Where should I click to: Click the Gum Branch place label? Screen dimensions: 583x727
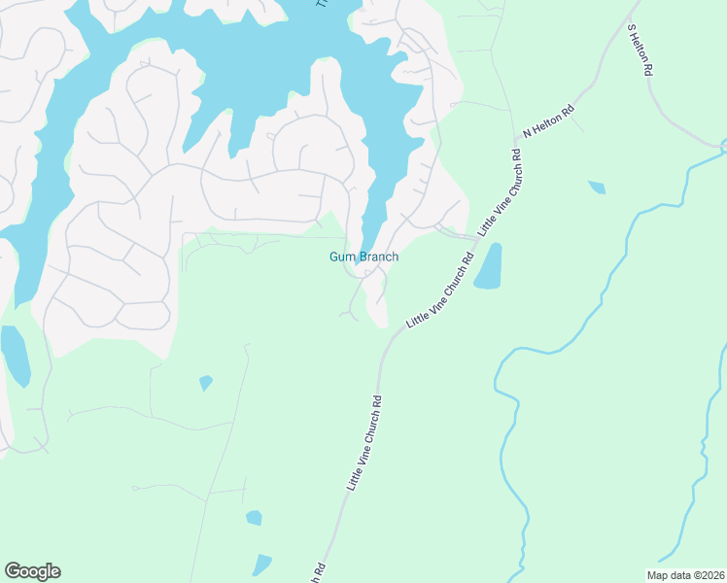click(x=364, y=257)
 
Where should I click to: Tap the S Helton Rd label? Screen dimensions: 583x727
click(x=640, y=52)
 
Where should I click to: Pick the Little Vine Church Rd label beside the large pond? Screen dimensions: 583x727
click(x=439, y=290)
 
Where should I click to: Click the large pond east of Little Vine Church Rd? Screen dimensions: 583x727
click(x=488, y=266)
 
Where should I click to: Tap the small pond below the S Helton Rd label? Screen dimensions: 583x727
click(x=596, y=187)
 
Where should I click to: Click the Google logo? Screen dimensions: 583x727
click(x=32, y=571)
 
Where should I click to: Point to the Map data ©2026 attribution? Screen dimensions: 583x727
click(x=686, y=574)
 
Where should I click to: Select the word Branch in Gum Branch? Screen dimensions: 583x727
click(x=378, y=257)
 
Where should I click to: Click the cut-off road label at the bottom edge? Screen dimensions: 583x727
click(x=317, y=572)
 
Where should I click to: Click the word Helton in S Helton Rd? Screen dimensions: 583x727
click(x=640, y=51)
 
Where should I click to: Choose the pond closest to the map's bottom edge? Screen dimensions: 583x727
click(x=261, y=565)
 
